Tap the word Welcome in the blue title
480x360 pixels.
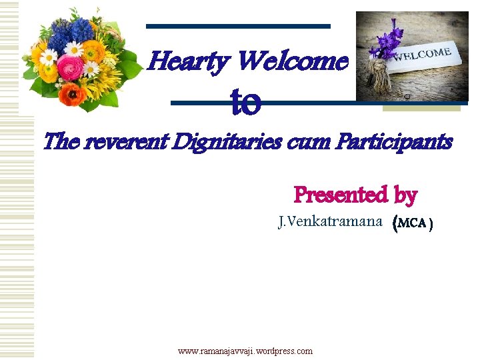click(x=293, y=63)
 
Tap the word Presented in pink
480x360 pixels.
click(x=340, y=195)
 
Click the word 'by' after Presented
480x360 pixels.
click(x=405, y=195)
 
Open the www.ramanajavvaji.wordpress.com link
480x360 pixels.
click(x=245, y=351)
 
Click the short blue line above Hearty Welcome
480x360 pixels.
click(x=238, y=27)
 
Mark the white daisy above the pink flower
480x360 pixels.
click(x=73, y=48)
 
